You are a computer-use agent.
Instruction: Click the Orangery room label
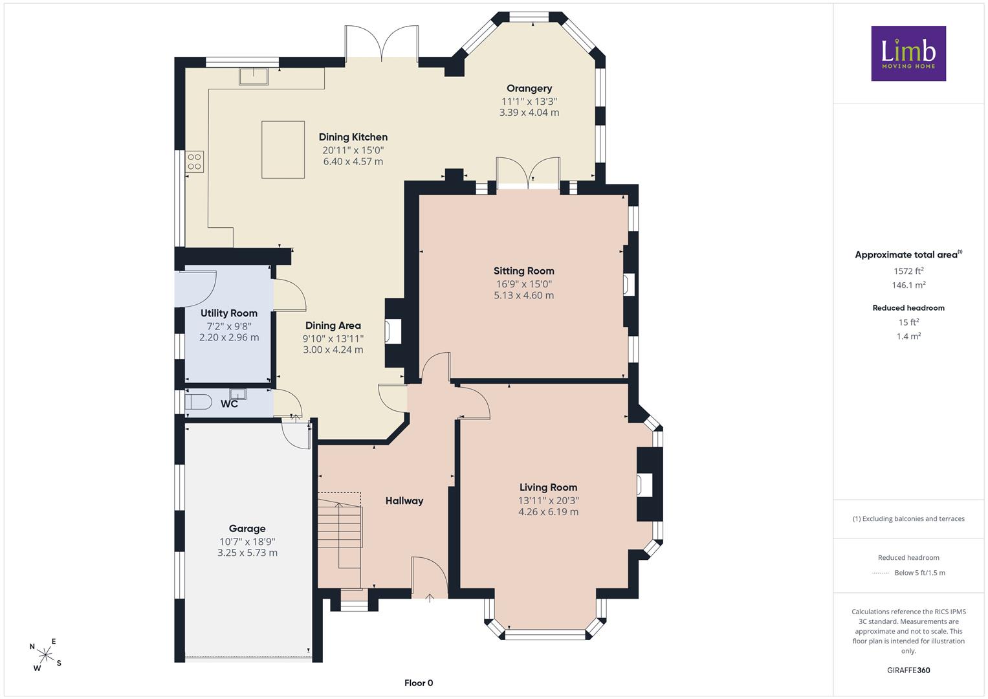529,89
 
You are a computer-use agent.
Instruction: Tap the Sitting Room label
523,271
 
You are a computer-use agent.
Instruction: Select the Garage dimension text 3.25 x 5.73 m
247,553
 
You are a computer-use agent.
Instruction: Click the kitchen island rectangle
283,150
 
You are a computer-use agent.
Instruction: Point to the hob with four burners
195,162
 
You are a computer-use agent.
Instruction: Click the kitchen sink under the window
254,76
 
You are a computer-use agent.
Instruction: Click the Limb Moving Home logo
908,53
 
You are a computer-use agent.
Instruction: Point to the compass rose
45,655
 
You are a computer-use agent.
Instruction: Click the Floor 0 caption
419,683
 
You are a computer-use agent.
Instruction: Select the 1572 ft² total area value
908,271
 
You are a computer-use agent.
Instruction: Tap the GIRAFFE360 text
908,670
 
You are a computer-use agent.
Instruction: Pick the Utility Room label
229,313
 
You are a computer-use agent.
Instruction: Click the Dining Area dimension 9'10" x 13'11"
333,338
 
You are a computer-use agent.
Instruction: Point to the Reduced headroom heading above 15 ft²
908,308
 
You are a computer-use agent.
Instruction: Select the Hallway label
404,501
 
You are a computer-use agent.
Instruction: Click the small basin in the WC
237,394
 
